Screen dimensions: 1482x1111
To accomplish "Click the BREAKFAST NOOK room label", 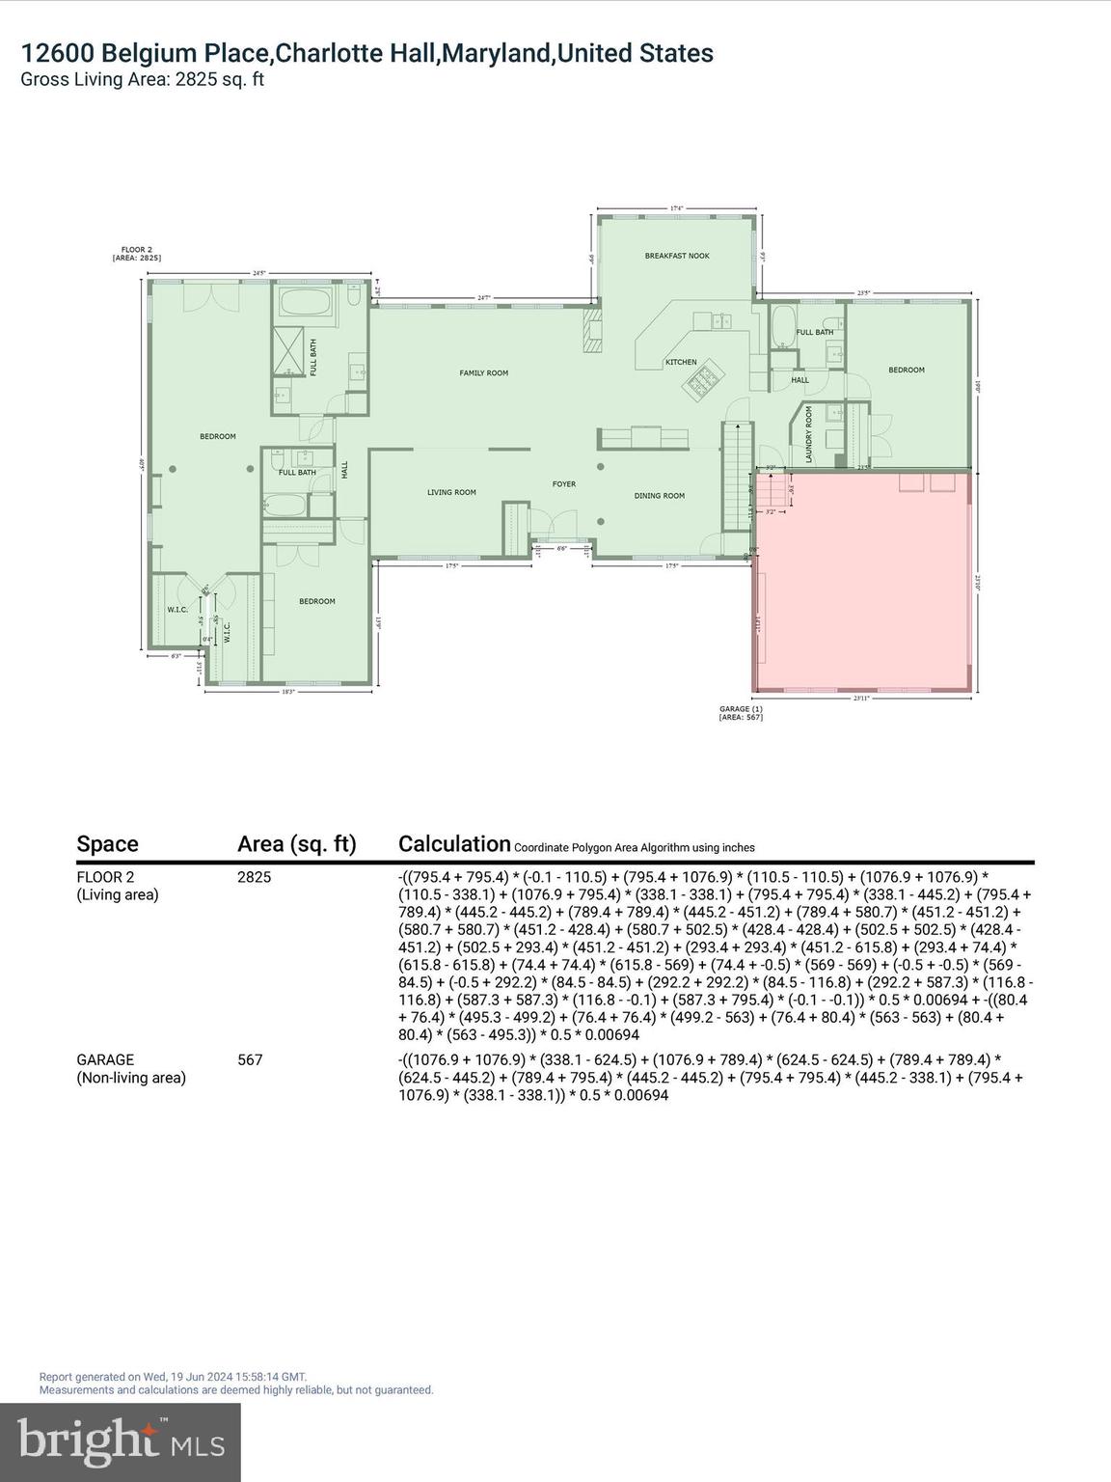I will click(677, 256).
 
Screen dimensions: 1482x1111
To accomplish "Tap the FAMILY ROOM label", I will click(483, 372).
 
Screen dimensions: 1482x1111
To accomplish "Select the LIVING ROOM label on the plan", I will click(451, 492).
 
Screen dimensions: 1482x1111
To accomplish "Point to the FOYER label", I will click(563, 483).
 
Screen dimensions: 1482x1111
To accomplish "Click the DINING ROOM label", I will click(660, 496).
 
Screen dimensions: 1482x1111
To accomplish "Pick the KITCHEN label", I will click(681, 362).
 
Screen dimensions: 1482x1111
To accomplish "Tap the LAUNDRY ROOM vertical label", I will click(809, 433).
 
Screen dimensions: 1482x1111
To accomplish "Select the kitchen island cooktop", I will click(702, 382).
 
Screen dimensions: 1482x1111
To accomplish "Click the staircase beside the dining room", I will click(736, 473).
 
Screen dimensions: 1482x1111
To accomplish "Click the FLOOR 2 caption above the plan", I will click(136, 254).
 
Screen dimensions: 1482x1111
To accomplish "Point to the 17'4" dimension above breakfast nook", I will click(677, 207).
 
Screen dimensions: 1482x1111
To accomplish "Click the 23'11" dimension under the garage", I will click(861, 698).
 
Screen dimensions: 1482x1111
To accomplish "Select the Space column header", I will click(107, 844).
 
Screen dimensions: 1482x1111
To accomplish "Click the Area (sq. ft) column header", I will click(296, 844).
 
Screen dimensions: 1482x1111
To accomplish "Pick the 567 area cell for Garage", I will click(250, 1059).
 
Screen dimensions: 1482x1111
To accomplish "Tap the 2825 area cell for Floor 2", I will click(254, 877).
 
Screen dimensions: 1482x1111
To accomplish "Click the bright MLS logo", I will click(121, 1441).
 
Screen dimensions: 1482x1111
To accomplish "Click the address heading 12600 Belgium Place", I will click(366, 53).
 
